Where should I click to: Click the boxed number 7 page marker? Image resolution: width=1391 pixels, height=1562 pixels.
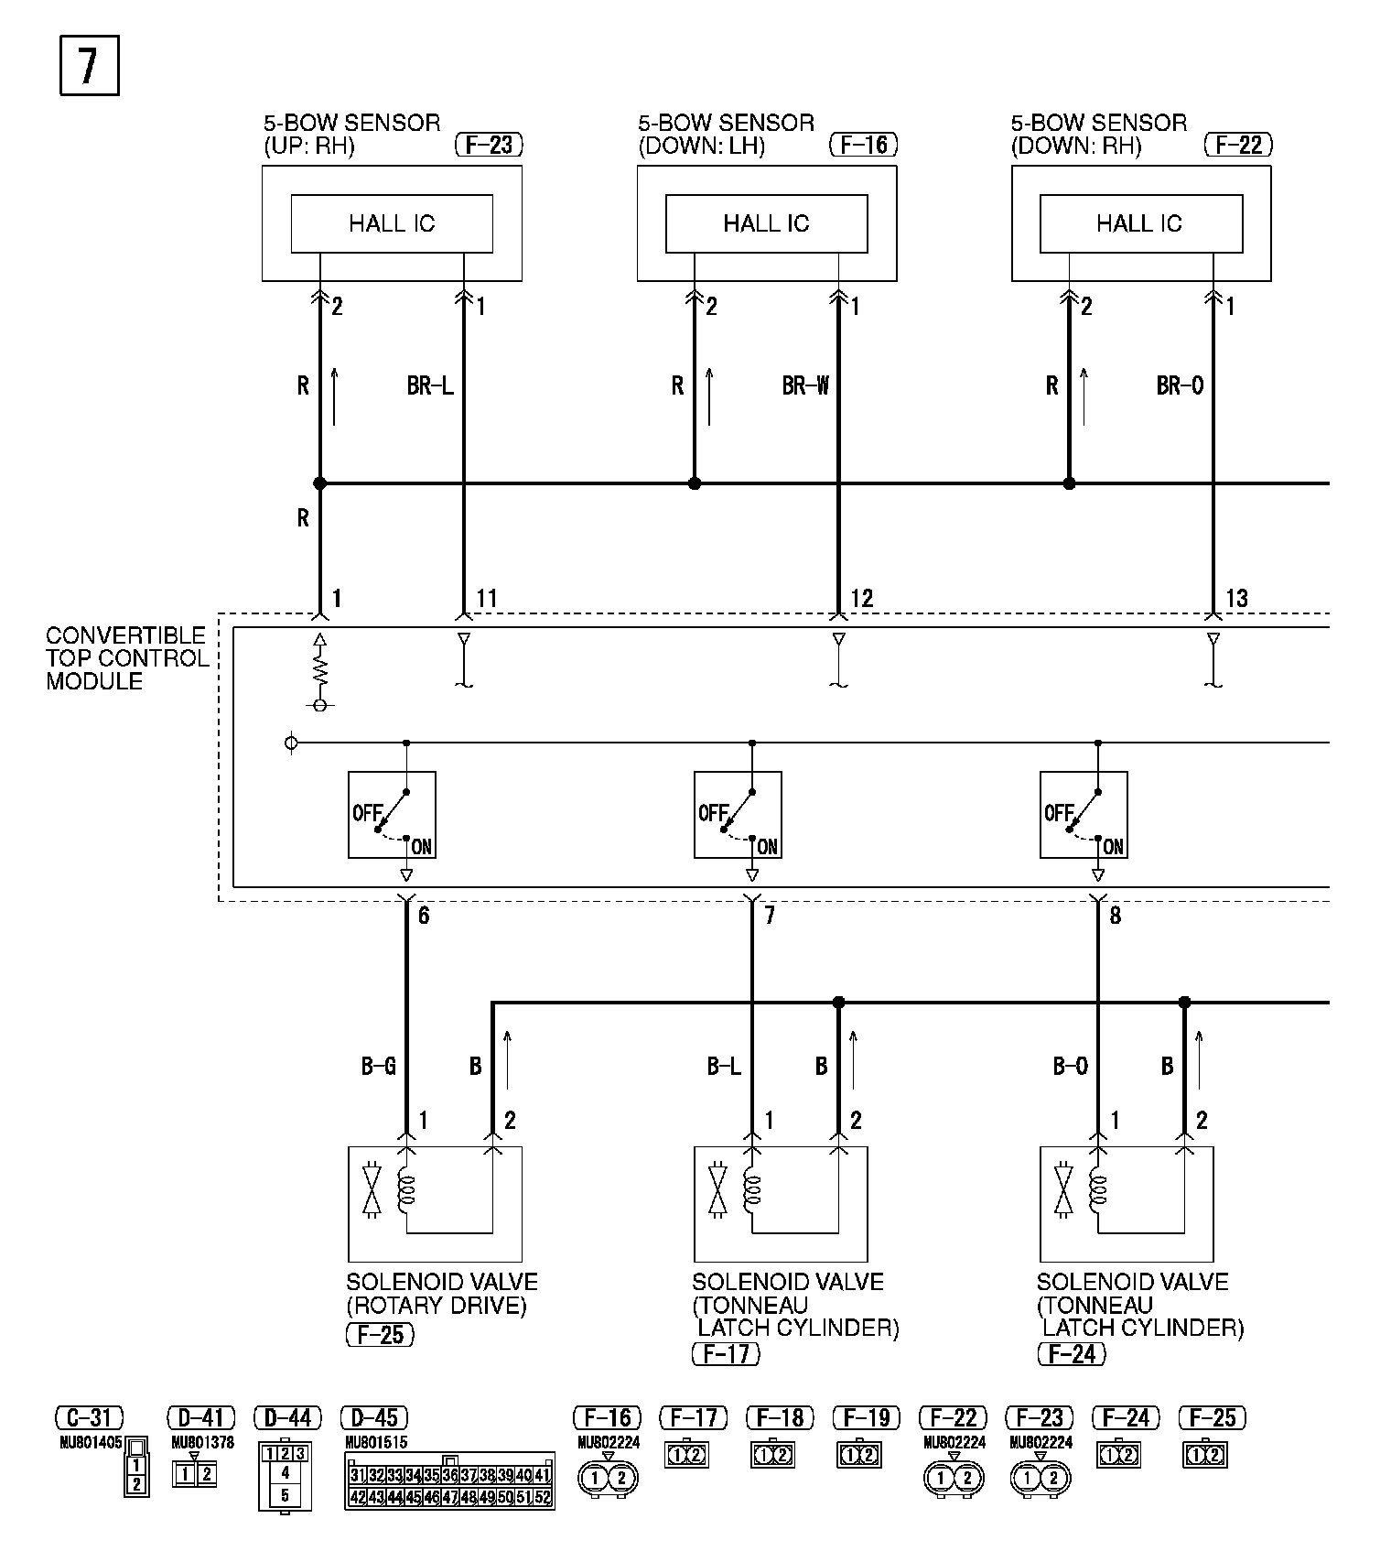pos(89,65)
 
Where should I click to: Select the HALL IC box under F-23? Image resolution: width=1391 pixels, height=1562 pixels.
pos(392,223)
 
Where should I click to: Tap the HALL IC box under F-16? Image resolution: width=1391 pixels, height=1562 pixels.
pos(766,223)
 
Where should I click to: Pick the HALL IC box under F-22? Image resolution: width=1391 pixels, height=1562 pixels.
pos(1140,223)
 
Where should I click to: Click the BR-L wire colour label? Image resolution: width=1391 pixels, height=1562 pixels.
pos(429,386)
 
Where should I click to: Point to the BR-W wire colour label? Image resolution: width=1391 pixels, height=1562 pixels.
pos(804,386)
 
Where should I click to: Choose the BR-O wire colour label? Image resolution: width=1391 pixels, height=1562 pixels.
pos(1180,386)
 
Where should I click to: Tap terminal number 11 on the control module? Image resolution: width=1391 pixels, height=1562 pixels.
pos(487,599)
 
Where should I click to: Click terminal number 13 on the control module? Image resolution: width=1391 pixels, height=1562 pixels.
pos(1236,599)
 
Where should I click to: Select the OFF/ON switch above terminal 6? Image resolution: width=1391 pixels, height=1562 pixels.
pos(392,815)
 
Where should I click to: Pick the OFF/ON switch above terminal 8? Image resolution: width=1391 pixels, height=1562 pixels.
pos(1084,815)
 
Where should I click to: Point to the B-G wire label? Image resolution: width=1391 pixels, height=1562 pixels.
pos(378,1066)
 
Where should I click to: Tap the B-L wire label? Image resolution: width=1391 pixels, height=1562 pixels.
pos(724,1066)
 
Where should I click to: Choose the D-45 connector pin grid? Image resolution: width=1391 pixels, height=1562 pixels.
pos(449,1481)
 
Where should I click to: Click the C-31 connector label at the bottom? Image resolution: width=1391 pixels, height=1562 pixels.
pos(89,1418)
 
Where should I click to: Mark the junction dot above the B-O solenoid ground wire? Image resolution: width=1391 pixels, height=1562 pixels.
pos(1184,1003)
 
